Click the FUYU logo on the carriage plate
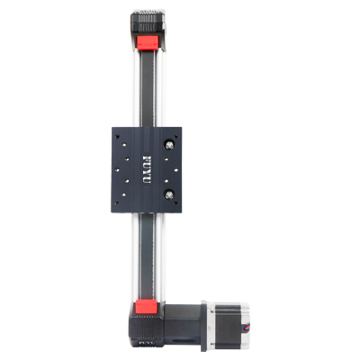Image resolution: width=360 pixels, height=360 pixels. tap(147, 169)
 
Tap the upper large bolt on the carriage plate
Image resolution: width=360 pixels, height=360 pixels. tap(169, 146)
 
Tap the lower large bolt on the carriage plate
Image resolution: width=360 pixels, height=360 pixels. tap(169, 195)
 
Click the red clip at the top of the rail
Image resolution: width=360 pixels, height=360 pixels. tap(148, 42)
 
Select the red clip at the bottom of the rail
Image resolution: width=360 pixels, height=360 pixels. tap(147, 306)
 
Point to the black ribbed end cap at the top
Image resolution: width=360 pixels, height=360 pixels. tap(148, 22)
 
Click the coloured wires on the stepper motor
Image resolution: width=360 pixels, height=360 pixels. tap(247, 327)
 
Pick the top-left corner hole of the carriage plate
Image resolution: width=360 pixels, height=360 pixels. tap(117, 137)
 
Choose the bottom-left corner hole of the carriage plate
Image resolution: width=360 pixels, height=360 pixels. tap(117, 203)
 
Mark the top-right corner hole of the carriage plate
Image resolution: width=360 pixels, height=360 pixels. tap(175, 137)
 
